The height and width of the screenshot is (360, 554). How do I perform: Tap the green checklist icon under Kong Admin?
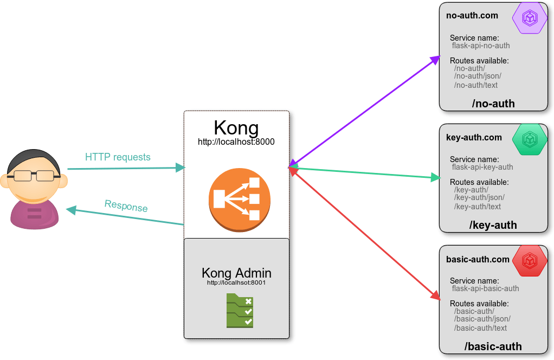coord(240,311)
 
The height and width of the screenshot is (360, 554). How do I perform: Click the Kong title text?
coord(236,128)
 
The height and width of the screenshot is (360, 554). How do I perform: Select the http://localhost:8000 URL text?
coord(236,142)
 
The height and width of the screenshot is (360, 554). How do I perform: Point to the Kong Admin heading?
coord(236,273)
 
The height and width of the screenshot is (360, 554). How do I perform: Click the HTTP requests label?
coord(118,157)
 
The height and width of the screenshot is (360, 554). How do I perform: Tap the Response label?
coord(126,206)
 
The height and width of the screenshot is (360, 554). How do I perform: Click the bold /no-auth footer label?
coord(493,104)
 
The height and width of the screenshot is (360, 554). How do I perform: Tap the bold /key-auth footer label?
coord(493,225)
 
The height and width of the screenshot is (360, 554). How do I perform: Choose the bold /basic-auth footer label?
coord(493,346)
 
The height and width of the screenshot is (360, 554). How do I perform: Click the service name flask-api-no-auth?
coord(481,46)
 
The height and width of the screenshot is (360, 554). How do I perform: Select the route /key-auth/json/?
coord(479,197)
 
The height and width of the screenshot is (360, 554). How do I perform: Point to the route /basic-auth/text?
coord(480,328)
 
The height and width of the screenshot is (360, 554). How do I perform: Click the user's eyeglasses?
coord(34,175)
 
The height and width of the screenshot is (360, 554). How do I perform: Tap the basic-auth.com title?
coord(478,259)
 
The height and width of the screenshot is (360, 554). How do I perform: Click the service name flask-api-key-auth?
coord(482,167)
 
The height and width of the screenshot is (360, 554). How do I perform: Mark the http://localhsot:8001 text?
coord(236,282)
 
